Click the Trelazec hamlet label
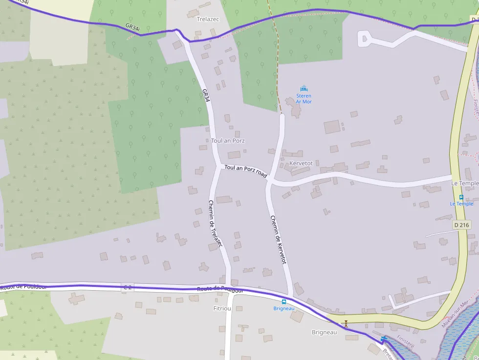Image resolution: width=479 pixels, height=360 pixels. point(209,19)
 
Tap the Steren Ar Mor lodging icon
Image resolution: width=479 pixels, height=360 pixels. point(304,88)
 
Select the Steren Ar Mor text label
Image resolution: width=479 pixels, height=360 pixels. point(304,99)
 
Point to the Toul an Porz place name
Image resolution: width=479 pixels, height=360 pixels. point(228,141)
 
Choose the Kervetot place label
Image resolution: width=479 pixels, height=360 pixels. point(301,163)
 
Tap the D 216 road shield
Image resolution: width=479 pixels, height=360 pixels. point(461,225)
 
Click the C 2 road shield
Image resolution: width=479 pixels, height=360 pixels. point(127,287)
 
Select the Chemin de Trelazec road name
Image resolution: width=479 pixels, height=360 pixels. point(215,224)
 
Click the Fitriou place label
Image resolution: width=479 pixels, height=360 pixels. point(222,309)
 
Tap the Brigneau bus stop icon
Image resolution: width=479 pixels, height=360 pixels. point(284,302)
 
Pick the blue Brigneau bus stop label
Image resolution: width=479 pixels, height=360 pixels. point(284,308)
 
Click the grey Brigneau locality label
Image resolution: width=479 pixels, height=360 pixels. point(325,332)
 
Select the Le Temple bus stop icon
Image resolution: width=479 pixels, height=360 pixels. point(461,197)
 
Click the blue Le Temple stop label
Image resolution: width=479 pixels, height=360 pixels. point(461,204)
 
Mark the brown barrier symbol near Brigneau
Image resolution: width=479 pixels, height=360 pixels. point(346,323)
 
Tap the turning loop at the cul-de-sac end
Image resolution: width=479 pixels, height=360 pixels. point(364,38)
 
